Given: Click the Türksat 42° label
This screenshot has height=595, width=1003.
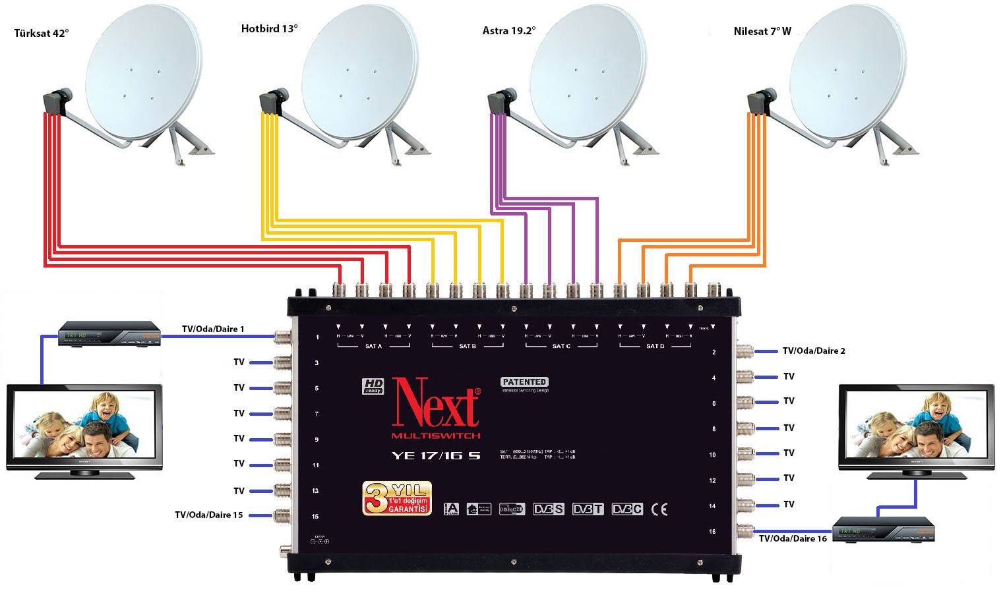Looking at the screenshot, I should [41, 33].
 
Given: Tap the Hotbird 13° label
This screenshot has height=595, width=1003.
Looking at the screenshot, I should [269, 28].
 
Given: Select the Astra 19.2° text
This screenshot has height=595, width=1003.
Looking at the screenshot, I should [508, 30].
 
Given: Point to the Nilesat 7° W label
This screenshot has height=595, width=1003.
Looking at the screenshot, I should [762, 31].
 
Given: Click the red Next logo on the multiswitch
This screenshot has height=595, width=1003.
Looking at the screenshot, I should [436, 403].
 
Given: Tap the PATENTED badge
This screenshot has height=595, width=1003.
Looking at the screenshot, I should [524, 382].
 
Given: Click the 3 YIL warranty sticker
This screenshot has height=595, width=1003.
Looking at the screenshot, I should [397, 497].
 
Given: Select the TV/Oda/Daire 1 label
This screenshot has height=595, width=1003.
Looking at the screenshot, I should [213, 329].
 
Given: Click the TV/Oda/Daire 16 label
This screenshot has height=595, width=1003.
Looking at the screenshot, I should [793, 538].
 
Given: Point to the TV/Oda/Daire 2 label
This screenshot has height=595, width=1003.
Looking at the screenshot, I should [814, 351].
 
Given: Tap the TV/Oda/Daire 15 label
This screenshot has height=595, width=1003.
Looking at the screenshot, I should [209, 515].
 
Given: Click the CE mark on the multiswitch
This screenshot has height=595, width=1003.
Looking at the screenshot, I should [659, 509].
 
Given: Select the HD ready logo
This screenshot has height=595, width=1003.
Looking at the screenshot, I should [373, 386].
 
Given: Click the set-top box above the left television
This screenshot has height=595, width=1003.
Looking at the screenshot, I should [109, 334].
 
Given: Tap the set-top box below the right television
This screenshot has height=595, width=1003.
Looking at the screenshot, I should [884, 530].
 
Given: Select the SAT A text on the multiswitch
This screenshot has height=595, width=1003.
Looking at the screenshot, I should [373, 346].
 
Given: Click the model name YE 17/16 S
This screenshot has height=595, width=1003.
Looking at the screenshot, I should [436, 455].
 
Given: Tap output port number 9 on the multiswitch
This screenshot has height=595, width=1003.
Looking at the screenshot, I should [317, 439].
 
